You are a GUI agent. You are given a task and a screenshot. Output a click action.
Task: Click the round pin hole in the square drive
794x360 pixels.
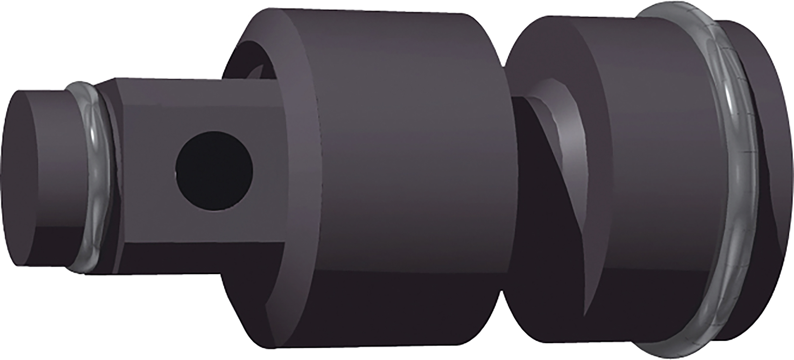click(214, 171)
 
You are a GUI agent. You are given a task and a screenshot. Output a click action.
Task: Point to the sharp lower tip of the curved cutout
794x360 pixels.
click(585, 314)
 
